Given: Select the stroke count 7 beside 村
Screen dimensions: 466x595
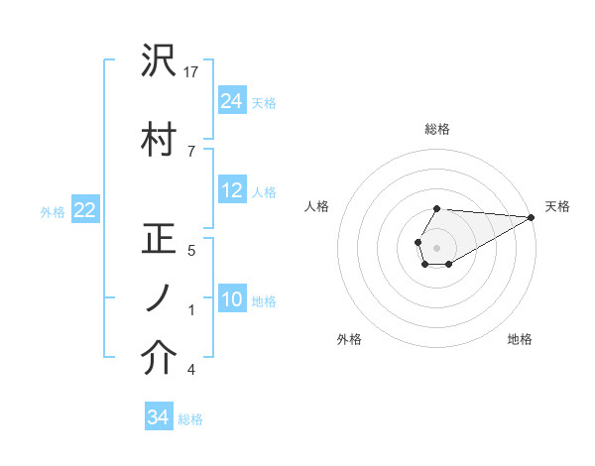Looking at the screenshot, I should [191, 150].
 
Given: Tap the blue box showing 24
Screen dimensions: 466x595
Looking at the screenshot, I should [232, 100].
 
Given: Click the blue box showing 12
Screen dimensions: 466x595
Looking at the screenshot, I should [232, 190].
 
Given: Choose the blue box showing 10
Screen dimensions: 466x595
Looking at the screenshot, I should [232, 299].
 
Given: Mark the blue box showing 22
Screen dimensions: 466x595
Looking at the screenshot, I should [85, 209].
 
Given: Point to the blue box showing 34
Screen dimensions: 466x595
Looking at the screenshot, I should [158, 417].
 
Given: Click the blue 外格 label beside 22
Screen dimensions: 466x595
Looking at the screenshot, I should [53, 211].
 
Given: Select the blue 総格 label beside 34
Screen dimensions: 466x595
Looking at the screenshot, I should [190, 419].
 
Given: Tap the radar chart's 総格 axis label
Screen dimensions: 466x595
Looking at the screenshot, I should [437, 129].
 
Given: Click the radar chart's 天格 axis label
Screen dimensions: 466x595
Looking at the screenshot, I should [557, 206].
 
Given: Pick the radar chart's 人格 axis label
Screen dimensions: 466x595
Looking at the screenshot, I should [317, 206].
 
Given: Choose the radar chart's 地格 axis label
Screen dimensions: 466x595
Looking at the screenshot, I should [520, 340].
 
